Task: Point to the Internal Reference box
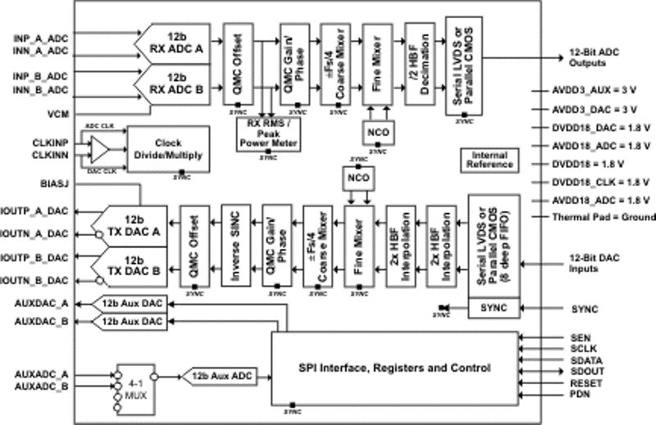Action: tap(490, 160)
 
